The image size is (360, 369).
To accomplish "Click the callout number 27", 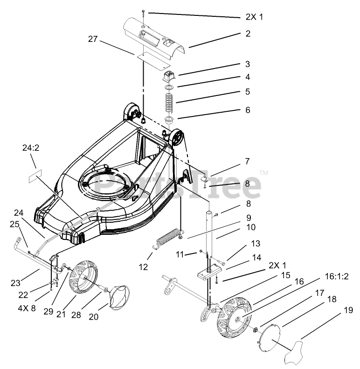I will [x=92, y=39].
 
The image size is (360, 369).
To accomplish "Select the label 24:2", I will [x=31, y=148].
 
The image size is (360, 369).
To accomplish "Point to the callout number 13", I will [x=255, y=243].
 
